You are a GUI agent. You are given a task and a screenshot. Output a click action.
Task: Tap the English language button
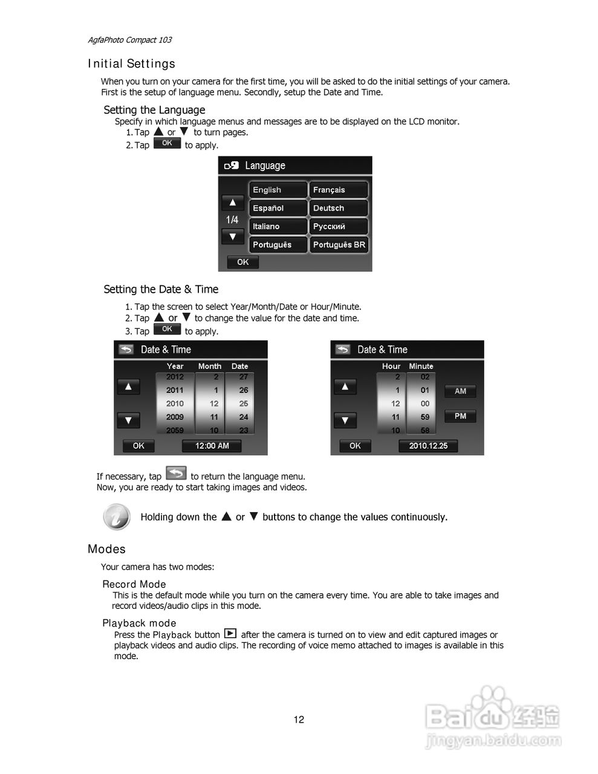click(x=278, y=190)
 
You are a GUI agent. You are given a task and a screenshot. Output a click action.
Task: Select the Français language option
click(x=339, y=190)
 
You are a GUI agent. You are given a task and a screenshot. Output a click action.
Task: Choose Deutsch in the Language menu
click(x=339, y=208)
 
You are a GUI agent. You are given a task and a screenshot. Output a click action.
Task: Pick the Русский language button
click(x=339, y=226)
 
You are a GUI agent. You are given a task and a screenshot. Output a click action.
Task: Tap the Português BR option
click(x=339, y=245)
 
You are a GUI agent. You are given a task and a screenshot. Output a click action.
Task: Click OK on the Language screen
click(x=242, y=262)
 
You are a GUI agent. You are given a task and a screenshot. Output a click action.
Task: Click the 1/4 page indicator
click(x=232, y=220)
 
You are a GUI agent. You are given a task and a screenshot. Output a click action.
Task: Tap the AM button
click(x=460, y=391)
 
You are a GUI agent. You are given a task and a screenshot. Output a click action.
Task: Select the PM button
click(x=460, y=416)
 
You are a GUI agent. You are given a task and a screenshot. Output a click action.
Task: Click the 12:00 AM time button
click(x=212, y=446)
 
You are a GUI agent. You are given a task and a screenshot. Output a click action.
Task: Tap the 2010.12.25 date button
click(x=428, y=446)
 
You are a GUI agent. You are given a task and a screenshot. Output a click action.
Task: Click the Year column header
click(x=175, y=366)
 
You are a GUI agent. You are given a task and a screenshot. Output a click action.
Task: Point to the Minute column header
click(x=421, y=366)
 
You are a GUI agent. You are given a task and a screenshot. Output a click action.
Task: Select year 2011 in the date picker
click(x=175, y=390)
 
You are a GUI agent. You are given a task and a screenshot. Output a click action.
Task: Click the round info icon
click(x=116, y=516)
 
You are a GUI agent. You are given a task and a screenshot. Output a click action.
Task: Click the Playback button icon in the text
click(x=230, y=634)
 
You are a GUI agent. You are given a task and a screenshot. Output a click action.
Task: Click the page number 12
click(x=299, y=720)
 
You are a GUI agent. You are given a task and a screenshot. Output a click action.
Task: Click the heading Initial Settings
click(x=131, y=63)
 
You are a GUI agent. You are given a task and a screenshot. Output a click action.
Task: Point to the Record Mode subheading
click(x=134, y=584)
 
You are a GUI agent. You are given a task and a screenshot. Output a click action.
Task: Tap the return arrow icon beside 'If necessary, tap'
click(x=176, y=473)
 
